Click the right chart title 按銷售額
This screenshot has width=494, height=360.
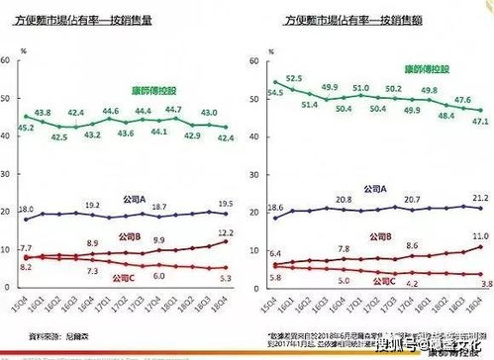pyautogui.click(x=365, y=19)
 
